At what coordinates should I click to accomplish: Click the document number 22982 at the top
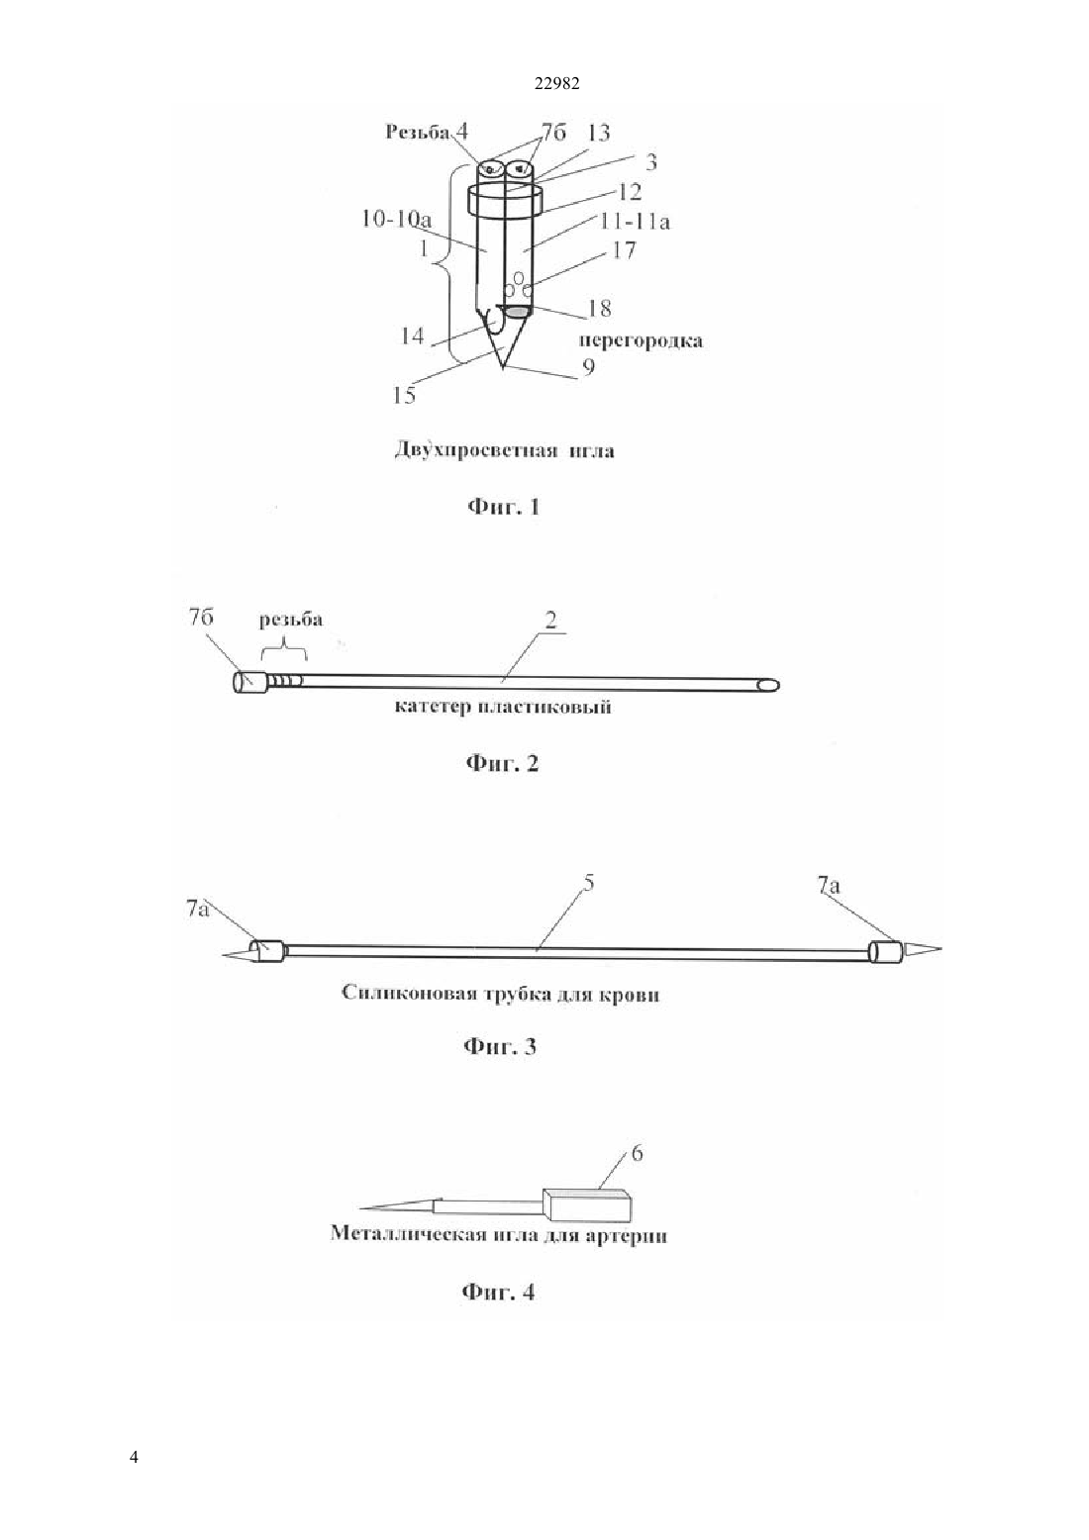pyautogui.click(x=556, y=84)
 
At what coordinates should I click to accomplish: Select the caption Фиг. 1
pyautogui.click(x=503, y=508)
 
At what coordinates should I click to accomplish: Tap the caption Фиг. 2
pyautogui.click(x=503, y=764)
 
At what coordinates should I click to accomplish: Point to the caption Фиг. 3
pyautogui.click(x=500, y=1047)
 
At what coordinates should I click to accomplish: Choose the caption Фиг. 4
pyautogui.click(x=498, y=1292)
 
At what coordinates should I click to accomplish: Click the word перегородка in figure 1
pyautogui.click(x=641, y=341)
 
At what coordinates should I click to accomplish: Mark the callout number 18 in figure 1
pyautogui.click(x=600, y=308)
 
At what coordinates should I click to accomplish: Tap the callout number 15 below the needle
pyautogui.click(x=404, y=395)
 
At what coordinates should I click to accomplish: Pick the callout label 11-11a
pyautogui.click(x=635, y=222)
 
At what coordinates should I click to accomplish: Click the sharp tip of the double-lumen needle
pyautogui.click(x=504, y=369)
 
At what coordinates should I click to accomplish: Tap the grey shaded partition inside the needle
pyautogui.click(x=517, y=312)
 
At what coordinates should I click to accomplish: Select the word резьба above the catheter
pyautogui.click(x=291, y=620)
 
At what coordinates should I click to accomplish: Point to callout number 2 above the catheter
pyautogui.click(x=550, y=621)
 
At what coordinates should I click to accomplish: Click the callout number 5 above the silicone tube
pyautogui.click(x=588, y=883)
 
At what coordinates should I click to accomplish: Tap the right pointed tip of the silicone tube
pyautogui.click(x=940, y=949)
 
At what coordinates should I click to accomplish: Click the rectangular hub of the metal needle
pyautogui.click(x=586, y=1204)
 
